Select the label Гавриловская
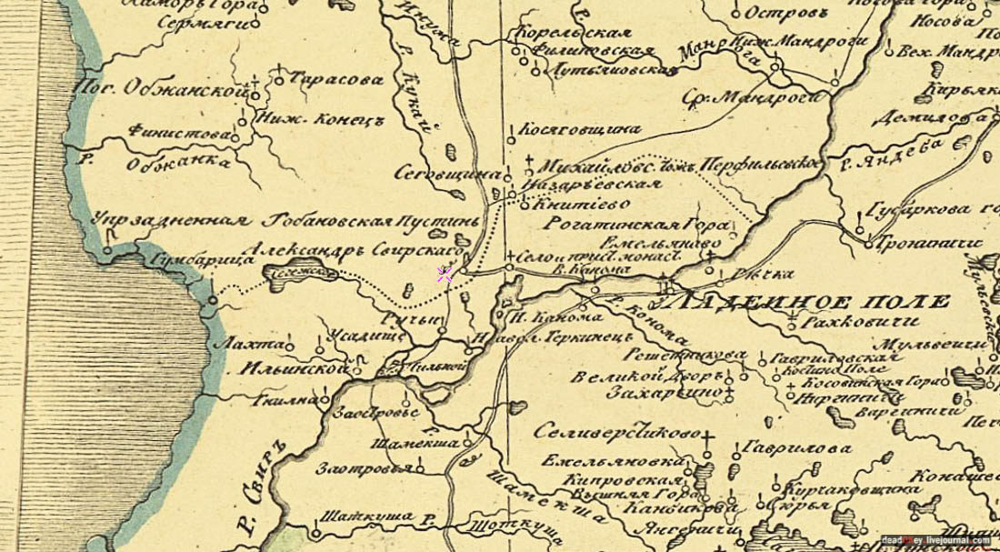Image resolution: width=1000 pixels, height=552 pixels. [815, 358]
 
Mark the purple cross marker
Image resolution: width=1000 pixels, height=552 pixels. [445, 275]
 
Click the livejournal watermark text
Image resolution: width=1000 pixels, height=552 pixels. [935, 541]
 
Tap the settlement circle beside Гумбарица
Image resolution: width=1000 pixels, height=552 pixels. [213, 298]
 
